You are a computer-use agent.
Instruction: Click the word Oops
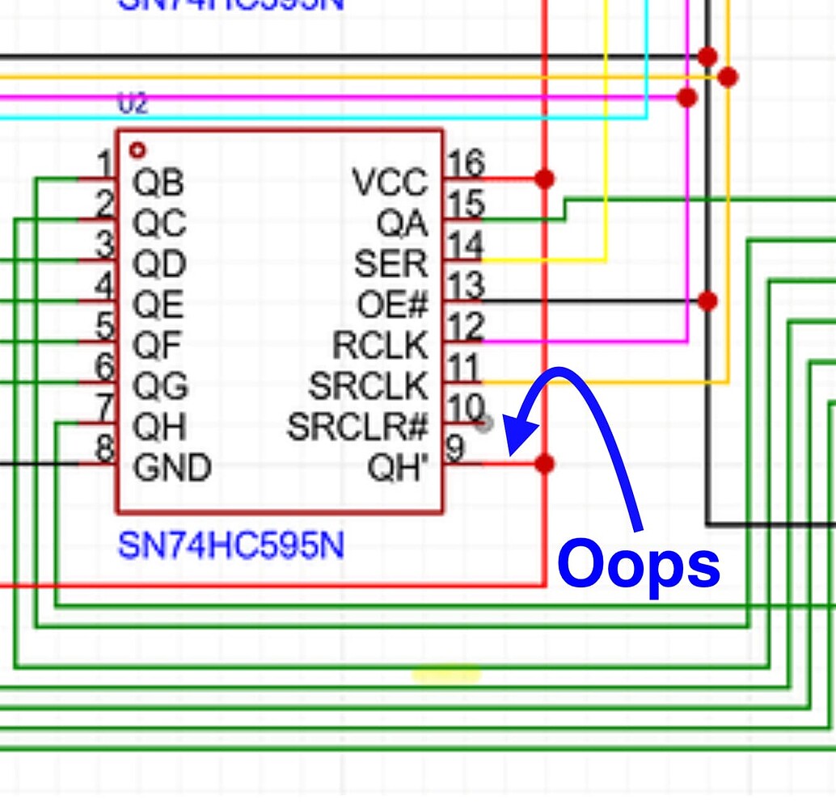[x=639, y=565]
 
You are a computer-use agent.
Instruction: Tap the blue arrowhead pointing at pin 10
[x=521, y=437]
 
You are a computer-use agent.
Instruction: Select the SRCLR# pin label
[x=357, y=427]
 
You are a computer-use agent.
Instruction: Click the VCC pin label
[x=390, y=183]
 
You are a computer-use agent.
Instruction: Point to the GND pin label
[x=172, y=468]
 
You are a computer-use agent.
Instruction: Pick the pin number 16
[x=465, y=164]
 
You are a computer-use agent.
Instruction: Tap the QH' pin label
[x=397, y=468]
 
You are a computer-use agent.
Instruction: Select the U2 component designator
[x=133, y=104]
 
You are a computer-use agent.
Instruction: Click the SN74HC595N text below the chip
[x=231, y=546]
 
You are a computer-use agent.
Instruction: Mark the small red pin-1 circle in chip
[x=137, y=150]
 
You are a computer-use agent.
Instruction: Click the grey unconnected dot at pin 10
[x=484, y=423]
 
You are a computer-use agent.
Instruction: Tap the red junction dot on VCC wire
[x=545, y=179]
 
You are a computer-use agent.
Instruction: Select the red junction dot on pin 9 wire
[x=545, y=464]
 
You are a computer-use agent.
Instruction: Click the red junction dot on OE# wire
[x=707, y=301]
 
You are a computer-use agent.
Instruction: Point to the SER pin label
[x=391, y=264]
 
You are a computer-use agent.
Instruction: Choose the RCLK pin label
[x=380, y=346]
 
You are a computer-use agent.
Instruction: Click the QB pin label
[x=158, y=183]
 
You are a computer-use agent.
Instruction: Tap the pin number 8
[x=105, y=448]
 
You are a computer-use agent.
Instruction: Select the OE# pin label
[x=392, y=305]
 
